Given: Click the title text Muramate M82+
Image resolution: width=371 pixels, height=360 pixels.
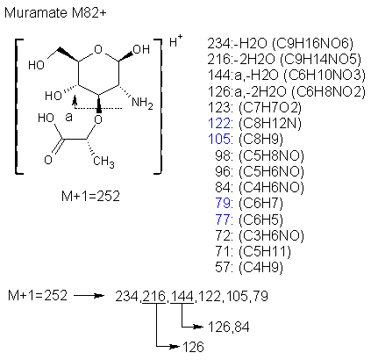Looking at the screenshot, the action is pyautogui.click(x=55, y=13).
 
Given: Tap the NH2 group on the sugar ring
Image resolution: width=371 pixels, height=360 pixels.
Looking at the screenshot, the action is pyautogui.click(x=142, y=104).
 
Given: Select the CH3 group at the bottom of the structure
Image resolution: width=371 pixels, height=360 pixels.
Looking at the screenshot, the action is pyautogui.click(x=103, y=162).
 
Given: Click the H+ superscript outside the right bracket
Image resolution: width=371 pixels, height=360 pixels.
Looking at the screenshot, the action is pyautogui.click(x=176, y=41).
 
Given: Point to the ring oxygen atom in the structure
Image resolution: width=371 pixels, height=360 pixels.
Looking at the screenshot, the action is pyautogui.click(x=99, y=49).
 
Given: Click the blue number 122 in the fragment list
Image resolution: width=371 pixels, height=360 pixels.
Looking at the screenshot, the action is pyautogui.click(x=219, y=123).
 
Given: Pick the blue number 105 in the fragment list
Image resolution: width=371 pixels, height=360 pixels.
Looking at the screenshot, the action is pyautogui.click(x=219, y=139).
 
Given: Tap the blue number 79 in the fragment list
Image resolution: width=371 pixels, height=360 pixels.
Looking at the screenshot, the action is pyautogui.click(x=223, y=203).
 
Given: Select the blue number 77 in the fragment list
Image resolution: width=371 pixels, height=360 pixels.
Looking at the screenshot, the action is pyautogui.click(x=223, y=220).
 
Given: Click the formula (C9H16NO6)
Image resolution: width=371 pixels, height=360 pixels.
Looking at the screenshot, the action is pyautogui.click(x=312, y=44).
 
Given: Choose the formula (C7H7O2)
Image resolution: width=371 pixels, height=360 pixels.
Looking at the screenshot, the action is pyautogui.click(x=270, y=107).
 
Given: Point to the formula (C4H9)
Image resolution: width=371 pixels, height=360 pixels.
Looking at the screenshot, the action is pyautogui.click(x=260, y=267).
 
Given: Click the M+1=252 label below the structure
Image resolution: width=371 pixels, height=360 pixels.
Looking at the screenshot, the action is pyautogui.click(x=90, y=196).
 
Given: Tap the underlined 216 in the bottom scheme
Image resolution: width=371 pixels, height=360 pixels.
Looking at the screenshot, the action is pyautogui.click(x=154, y=296).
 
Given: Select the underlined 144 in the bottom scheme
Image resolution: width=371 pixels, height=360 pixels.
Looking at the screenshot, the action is pyautogui.click(x=182, y=296).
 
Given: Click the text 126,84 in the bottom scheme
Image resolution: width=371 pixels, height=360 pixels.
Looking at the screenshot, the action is pyautogui.click(x=229, y=327).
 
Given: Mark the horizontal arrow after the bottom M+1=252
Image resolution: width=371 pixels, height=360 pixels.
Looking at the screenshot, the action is pyautogui.click(x=89, y=296).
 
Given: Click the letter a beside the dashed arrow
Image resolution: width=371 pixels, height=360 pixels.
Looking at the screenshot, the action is pyautogui.click(x=68, y=118).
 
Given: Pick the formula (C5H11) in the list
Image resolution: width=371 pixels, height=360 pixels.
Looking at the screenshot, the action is pyautogui.click(x=265, y=251).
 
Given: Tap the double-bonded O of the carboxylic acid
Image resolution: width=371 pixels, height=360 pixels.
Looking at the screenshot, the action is pyautogui.click(x=48, y=160).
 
